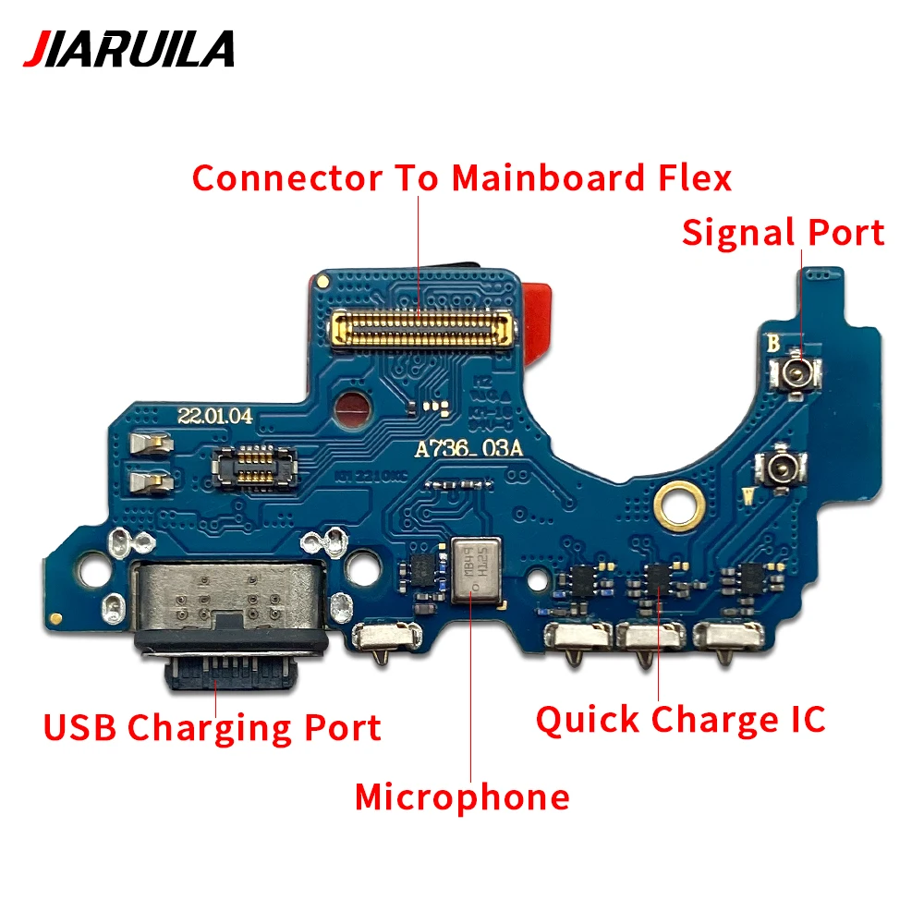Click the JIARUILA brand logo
coord(128,48)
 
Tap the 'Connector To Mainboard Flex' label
coord(462,177)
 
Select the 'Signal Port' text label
coord(783,232)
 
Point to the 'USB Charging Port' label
coord(212,727)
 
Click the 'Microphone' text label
coord(462,796)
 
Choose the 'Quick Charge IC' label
coord(680,719)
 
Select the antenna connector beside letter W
coord(774,471)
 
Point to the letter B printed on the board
coord(773,344)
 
